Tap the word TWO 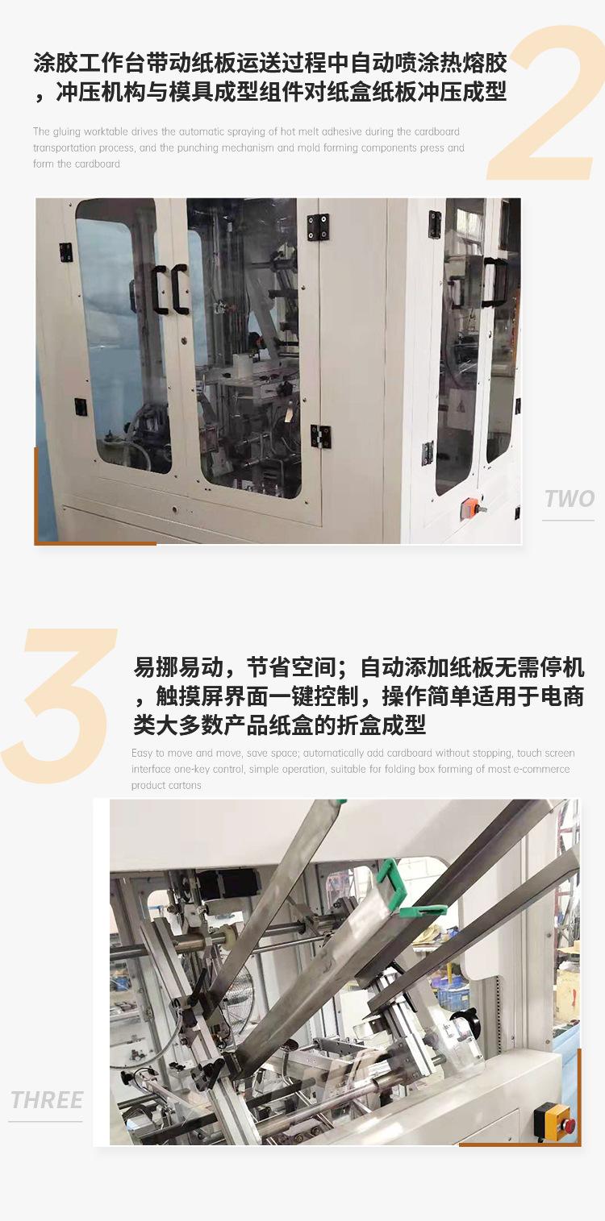569,499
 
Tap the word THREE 47,1100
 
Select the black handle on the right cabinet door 494,282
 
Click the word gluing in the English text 66,132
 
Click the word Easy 142,754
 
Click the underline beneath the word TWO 568,521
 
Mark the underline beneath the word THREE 45,1121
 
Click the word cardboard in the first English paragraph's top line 437,132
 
